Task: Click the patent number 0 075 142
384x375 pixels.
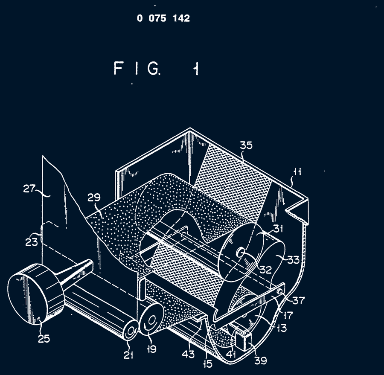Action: (163, 18)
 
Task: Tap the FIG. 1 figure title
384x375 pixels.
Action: (156, 68)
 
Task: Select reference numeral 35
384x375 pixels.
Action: (246, 145)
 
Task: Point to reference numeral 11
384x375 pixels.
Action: (297, 172)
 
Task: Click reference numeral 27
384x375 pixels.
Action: (29, 189)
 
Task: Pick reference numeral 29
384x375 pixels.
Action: (94, 197)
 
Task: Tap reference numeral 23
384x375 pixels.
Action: (32, 242)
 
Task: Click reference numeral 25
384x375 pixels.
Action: (44, 338)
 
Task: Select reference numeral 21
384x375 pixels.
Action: (128, 355)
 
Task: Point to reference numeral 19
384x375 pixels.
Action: (152, 349)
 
